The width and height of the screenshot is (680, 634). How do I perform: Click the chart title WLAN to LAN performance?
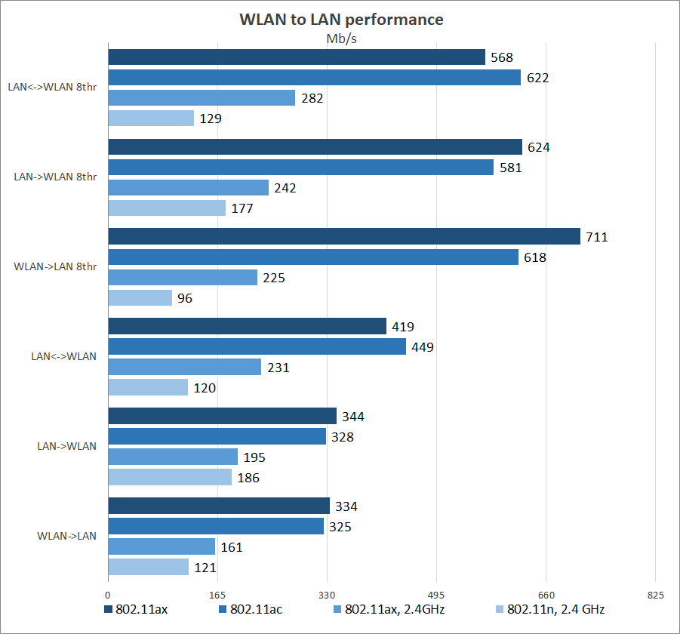pos(341,20)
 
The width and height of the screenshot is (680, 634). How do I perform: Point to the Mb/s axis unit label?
pos(341,39)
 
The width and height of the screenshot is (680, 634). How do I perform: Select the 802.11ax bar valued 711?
pos(344,237)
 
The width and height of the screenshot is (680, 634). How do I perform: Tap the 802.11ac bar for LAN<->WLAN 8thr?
pos(315,78)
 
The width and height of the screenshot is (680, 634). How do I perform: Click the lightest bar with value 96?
pos(140,298)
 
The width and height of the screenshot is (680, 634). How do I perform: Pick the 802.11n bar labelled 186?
pos(170,478)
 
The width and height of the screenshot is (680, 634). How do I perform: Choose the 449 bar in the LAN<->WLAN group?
pos(257,347)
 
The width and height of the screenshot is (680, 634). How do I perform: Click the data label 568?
pos(501,57)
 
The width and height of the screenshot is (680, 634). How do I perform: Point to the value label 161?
pos(232,546)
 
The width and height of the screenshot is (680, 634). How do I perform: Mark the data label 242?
pos(285,188)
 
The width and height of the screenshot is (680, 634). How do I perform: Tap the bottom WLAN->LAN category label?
pos(66,536)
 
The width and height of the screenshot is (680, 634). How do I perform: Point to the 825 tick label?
pos(656,595)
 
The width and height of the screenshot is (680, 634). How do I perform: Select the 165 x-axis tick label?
pos(217,595)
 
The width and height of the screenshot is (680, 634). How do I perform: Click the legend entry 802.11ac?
pos(256,610)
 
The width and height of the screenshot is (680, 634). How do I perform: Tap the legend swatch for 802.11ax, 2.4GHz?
pos(338,610)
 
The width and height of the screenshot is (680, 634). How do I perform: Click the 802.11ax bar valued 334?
pos(219,506)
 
